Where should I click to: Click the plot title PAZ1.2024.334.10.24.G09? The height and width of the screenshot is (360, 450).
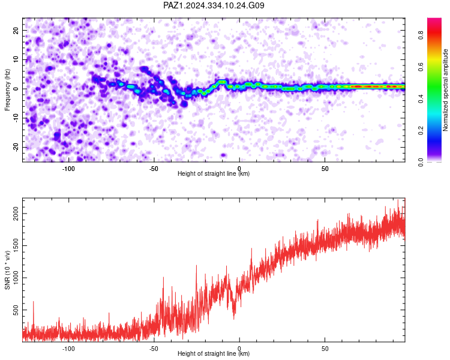[214, 5]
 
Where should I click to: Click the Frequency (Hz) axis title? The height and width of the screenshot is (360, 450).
[7, 90]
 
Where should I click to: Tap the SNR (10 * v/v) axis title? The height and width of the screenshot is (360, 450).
[7, 270]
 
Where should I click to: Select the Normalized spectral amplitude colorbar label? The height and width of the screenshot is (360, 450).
[445, 90]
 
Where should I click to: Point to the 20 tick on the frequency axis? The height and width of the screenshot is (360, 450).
[16, 30]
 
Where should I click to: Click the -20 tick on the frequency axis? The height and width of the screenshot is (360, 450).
[16, 147]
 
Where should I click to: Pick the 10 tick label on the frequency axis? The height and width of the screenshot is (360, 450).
[16, 59]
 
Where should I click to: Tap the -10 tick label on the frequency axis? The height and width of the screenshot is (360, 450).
[16, 118]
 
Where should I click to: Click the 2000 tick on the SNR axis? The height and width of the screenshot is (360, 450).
[16, 214]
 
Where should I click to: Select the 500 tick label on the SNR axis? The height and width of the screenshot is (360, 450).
[16, 310]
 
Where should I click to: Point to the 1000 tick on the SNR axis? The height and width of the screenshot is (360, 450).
[16, 278]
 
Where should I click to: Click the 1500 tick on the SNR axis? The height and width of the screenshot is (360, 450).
[16, 246]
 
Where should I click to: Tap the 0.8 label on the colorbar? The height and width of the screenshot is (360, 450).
[421, 35]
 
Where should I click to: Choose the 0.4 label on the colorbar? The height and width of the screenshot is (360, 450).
[421, 98]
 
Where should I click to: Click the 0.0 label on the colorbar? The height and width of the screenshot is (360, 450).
[421, 162]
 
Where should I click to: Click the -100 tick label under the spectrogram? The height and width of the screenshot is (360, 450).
[68, 169]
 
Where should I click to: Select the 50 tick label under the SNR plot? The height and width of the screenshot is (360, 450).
[325, 349]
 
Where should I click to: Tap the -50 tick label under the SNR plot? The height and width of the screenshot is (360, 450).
[154, 349]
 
